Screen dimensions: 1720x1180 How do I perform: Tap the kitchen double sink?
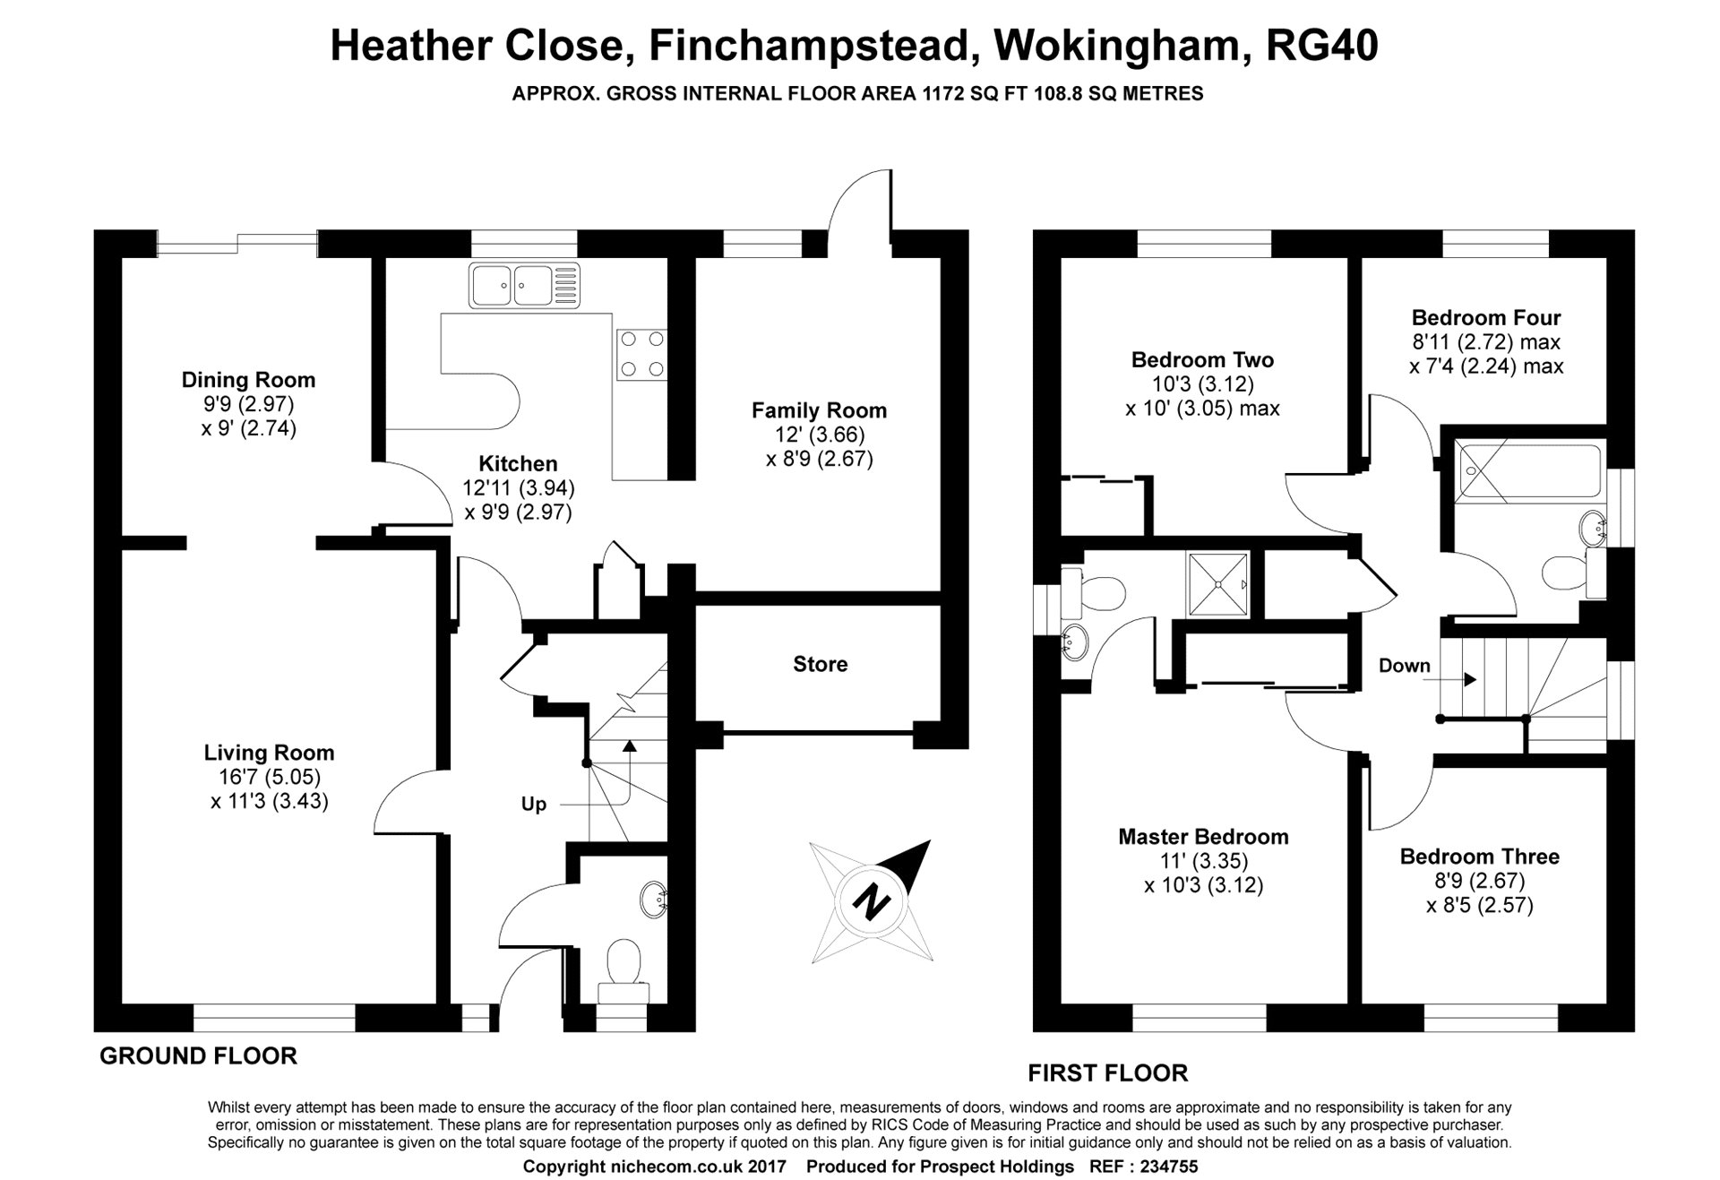(x=524, y=286)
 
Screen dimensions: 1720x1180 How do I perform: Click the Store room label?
(x=820, y=664)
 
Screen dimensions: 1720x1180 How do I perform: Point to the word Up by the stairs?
(x=534, y=805)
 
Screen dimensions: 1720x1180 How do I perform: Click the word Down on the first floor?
(x=1405, y=666)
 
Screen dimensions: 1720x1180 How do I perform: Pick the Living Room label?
(x=269, y=754)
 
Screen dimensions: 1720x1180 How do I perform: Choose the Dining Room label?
(x=248, y=380)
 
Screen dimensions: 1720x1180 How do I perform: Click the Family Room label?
(x=819, y=410)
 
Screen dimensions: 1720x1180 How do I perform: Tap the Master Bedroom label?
(x=1203, y=837)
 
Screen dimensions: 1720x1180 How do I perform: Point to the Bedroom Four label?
(x=1486, y=317)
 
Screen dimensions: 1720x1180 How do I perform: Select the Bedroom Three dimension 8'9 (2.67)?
(x=1479, y=881)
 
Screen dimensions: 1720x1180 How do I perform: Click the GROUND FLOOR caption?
(x=198, y=1056)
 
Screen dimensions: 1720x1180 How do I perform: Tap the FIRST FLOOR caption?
(x=1107, y=1072)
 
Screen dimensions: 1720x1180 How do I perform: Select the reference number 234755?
(x=1163, y=1167)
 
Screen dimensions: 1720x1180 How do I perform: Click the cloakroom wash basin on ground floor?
(x=653, y=899)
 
